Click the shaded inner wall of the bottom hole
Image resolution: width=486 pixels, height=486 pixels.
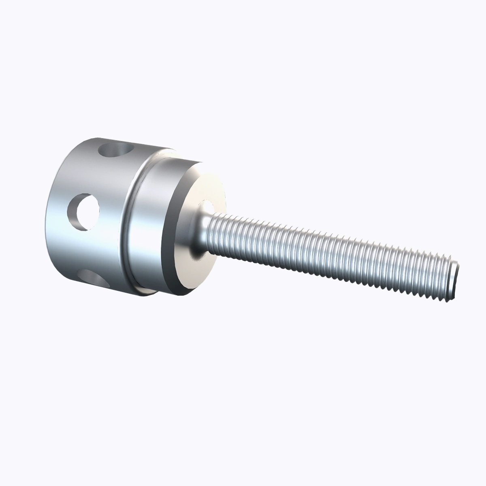click(87, 279)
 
